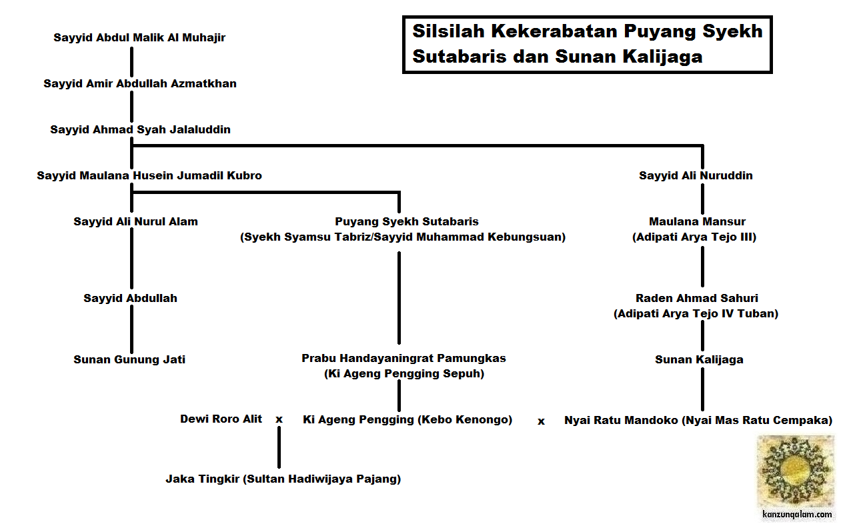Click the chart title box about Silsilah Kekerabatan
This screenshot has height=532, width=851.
(x=587, y=44)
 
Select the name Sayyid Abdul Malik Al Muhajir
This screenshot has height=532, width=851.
(x=139, y=38)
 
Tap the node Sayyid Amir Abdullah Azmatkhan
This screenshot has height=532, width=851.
(x=140, y=84)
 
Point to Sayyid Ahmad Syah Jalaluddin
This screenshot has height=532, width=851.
(x=140, y=130)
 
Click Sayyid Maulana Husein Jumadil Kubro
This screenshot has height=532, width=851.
(x=149, y=176)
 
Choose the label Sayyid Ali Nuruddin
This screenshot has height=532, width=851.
(x=696, y=176)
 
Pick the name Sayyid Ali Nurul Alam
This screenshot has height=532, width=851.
(x=135, y=222)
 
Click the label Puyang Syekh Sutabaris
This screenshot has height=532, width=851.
(x=406, y=222)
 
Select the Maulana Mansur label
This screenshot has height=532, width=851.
(x=697, y=222)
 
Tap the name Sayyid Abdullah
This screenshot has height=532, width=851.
(x=130, y=299)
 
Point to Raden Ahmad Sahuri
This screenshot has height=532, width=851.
(x=696, y=299)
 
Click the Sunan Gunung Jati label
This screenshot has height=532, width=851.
(x=129, y=360)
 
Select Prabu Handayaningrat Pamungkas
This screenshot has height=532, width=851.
(x=403, y=359)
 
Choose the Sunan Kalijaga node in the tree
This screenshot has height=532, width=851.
(x=699, y=360)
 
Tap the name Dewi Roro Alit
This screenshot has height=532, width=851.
(x=221, y=419)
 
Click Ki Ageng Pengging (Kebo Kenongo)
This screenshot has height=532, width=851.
(x=407, y=420)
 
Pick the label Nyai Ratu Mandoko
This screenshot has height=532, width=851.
(x=698, y=421)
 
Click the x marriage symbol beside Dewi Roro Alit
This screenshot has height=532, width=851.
(x=279, y=420)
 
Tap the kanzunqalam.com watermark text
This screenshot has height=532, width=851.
(x=797, y=515)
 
